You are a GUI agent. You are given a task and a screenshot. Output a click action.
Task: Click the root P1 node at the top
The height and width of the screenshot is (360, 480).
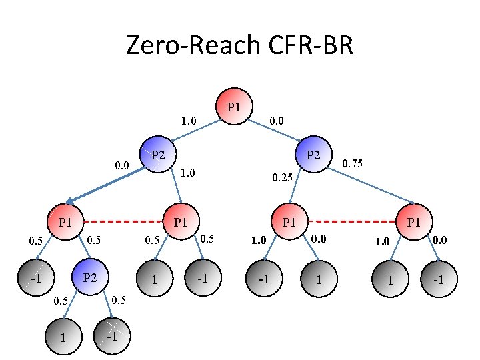(234, 107)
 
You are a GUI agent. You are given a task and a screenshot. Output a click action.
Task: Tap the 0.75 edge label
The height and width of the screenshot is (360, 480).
(352, 162)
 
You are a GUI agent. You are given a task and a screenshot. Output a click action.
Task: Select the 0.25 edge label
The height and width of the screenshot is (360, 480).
(282, 178)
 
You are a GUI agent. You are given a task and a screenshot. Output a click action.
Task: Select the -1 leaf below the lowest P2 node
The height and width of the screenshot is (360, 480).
(111, 336)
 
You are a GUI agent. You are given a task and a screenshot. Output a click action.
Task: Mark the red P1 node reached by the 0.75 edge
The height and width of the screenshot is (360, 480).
(414, 221)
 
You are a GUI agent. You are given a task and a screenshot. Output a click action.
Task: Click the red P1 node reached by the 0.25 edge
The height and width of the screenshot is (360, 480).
(289, 221)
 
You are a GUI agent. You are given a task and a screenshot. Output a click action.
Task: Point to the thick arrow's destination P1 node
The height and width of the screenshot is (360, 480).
(65, 221)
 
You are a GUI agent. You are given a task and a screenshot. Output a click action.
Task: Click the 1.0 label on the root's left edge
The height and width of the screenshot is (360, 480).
(189, 121)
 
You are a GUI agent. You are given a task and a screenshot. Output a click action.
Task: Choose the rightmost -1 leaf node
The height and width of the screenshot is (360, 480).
(438, 280)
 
